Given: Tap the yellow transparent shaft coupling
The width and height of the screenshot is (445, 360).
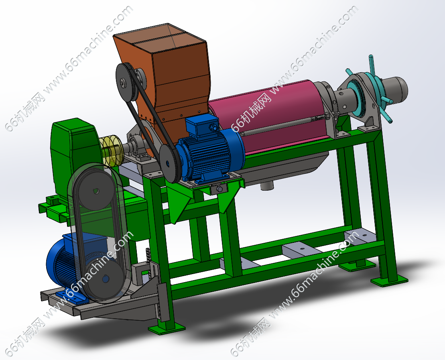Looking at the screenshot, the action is [x=111, y=150].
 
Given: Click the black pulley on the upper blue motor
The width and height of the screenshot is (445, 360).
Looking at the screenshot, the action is [x=169, y=163].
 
